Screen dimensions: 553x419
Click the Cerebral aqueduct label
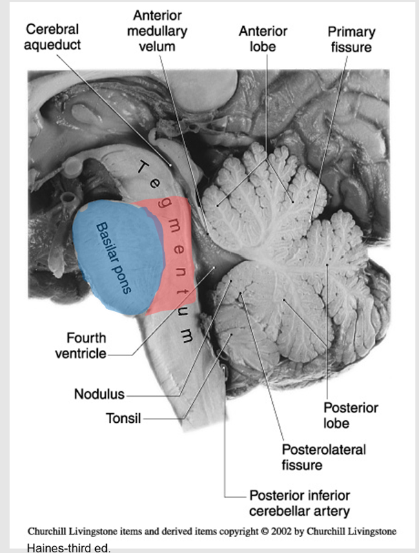[52, 36]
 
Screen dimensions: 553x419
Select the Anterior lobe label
[263, 39]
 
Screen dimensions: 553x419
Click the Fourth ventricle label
[86, 346]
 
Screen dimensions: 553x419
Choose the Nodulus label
[99, 395]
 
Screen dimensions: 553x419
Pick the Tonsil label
[123, 418]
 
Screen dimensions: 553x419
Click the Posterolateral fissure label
[323, 457]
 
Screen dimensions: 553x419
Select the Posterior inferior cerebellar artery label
[300, 503]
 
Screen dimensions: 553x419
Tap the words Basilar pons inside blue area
[114, 257]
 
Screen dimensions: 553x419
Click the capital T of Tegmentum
[141, 167]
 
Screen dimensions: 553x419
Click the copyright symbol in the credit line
[265, 532]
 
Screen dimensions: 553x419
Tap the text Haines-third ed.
[68, 547]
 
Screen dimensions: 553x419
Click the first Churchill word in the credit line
[50, 532]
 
